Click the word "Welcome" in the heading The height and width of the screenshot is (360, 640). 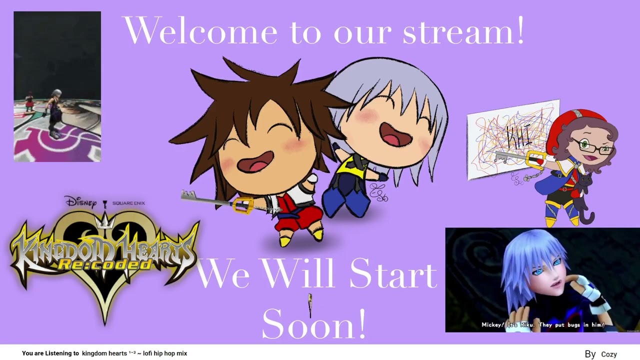199,31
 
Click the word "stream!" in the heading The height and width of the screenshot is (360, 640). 463,31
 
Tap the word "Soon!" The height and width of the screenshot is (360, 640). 313,324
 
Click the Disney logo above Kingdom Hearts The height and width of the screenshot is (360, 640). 80,202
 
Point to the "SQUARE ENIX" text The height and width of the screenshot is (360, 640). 128,203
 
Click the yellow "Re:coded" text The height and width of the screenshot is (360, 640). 104,263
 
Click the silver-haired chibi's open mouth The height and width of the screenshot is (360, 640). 395,133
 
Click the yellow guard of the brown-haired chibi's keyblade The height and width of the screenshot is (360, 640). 243,205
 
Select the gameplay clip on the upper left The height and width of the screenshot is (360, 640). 57,86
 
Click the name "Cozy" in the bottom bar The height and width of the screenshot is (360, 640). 608,354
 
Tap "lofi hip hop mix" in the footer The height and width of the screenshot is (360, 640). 165,353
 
